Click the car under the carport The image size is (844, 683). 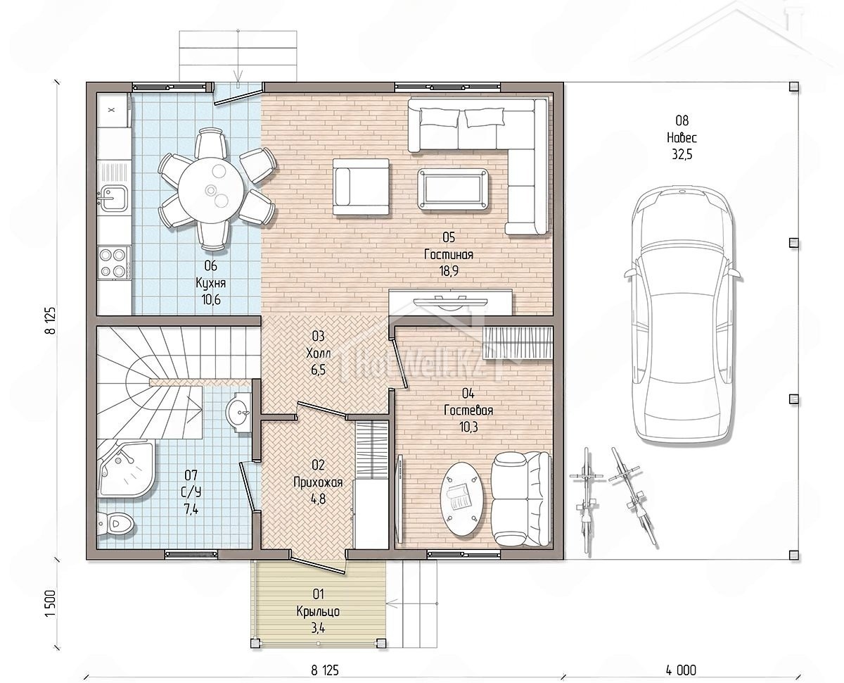682,313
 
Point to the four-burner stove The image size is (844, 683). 114,262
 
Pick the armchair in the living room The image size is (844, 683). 361,187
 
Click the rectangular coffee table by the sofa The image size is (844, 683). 453,189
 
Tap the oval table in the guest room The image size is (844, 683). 462,499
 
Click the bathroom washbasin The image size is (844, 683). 238,413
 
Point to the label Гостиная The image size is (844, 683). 449,254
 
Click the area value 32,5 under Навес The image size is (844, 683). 682,154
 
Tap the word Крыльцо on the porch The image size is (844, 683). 318,611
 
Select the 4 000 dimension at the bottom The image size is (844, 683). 681,670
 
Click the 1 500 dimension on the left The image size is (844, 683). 51,603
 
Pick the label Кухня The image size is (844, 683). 211,283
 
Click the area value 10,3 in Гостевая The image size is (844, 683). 468,427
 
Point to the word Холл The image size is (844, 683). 318,353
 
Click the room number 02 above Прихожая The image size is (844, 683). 318,465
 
